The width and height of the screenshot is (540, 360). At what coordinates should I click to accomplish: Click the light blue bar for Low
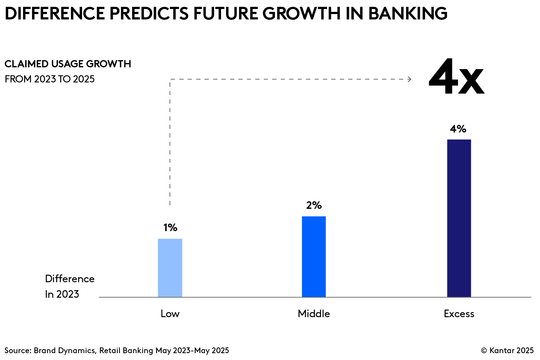[170, 268]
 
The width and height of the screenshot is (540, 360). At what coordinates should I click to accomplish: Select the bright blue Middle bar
[314, 257]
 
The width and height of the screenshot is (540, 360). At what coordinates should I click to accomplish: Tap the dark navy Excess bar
[459, 218]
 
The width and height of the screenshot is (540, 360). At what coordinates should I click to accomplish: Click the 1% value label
[170, 228]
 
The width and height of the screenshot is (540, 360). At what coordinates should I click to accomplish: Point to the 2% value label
[314, 205]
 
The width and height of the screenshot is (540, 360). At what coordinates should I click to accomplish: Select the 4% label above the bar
[458, 129]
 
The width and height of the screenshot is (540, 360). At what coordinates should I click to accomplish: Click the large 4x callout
[456, 78]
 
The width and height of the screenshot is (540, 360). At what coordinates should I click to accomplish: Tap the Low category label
[170, 314]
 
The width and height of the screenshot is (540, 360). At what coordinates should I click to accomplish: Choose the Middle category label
[314, 314]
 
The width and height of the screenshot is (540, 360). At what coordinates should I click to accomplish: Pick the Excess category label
[459, 314]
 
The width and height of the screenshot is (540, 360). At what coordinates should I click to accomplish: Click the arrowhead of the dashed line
[410, 79]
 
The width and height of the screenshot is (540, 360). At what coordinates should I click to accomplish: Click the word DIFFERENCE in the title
[55, 14]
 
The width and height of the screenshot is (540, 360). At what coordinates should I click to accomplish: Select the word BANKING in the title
[408, 14]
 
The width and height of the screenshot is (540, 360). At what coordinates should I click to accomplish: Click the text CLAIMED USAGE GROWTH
[68, 64]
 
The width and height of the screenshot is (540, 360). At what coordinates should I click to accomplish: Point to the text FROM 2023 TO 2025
[50, 79]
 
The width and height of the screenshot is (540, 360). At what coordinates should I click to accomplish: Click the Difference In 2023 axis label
[69, 286]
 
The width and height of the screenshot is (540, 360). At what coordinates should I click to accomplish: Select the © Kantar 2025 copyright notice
[507, 350]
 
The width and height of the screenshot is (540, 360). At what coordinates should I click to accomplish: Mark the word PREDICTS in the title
[149, 14]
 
